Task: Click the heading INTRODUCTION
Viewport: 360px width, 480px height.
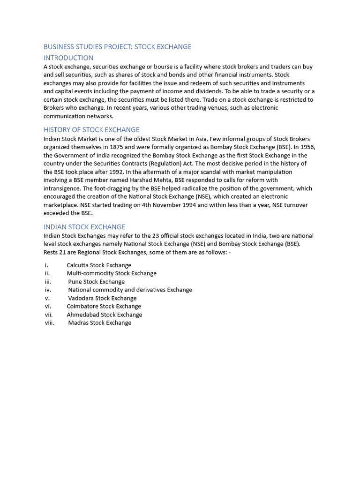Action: point(68,58)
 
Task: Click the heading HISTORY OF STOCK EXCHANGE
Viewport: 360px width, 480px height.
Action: point(91,130)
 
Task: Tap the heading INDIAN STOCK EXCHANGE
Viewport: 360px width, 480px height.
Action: point(84,227)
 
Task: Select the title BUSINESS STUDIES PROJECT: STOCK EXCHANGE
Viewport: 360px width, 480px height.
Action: point(117,47)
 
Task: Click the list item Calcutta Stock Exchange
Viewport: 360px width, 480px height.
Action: point(99,265)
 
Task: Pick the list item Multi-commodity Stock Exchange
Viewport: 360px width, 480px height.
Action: point(112,273)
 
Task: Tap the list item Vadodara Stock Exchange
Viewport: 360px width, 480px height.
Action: point(102,298)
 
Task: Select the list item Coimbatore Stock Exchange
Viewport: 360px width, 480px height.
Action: point(104,307)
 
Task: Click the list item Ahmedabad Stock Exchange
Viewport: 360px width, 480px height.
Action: point(104,315)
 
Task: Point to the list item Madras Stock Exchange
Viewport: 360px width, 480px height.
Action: point(100,323)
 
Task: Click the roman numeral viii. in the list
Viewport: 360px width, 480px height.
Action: point(50,323)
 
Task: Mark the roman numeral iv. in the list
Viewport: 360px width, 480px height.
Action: point(48,290)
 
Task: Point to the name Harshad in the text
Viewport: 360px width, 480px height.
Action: point(137,180)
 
